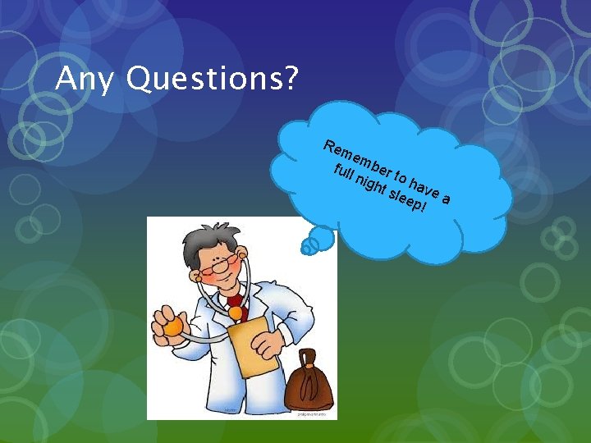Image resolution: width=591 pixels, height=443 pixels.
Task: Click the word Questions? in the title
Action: click(213, 80)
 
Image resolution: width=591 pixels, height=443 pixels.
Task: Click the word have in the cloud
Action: click(423, 186)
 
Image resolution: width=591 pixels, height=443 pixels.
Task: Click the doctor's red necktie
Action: click(236, 311)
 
